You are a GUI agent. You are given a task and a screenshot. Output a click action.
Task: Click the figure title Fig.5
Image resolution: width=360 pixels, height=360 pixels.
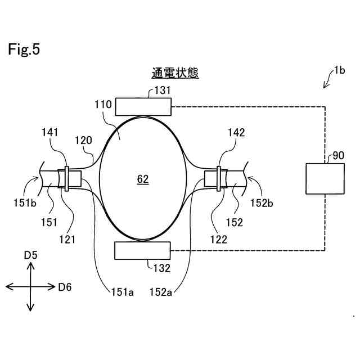[24, 49]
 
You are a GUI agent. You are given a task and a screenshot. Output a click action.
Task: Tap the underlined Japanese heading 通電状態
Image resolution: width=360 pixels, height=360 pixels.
[175, 73]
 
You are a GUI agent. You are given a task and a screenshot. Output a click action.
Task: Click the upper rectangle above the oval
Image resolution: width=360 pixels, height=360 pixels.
[143, 106]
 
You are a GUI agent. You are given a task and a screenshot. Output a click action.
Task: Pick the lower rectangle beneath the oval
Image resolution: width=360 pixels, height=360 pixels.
[143, 250]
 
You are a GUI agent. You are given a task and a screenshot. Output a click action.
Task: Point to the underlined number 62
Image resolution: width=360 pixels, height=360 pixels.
[143, 179]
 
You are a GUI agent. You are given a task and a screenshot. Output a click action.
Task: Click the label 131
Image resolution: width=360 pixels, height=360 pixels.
[162, 90]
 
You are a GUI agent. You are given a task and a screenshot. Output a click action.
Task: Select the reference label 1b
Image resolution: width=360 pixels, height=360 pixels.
[339, 70]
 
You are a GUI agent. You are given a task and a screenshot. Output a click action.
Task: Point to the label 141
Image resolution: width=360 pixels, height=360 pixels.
[50, 132]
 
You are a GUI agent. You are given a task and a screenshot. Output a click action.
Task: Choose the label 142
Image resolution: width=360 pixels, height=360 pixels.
[236, 133]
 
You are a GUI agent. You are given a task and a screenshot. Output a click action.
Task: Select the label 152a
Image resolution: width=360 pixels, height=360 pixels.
[162, 292]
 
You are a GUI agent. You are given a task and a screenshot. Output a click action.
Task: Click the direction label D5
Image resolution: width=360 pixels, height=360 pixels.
[30, 255]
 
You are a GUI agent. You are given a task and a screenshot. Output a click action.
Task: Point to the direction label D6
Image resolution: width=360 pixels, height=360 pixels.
[65, 287]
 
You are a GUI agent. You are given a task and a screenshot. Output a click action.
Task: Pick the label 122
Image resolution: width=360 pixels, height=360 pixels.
[219, 238]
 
